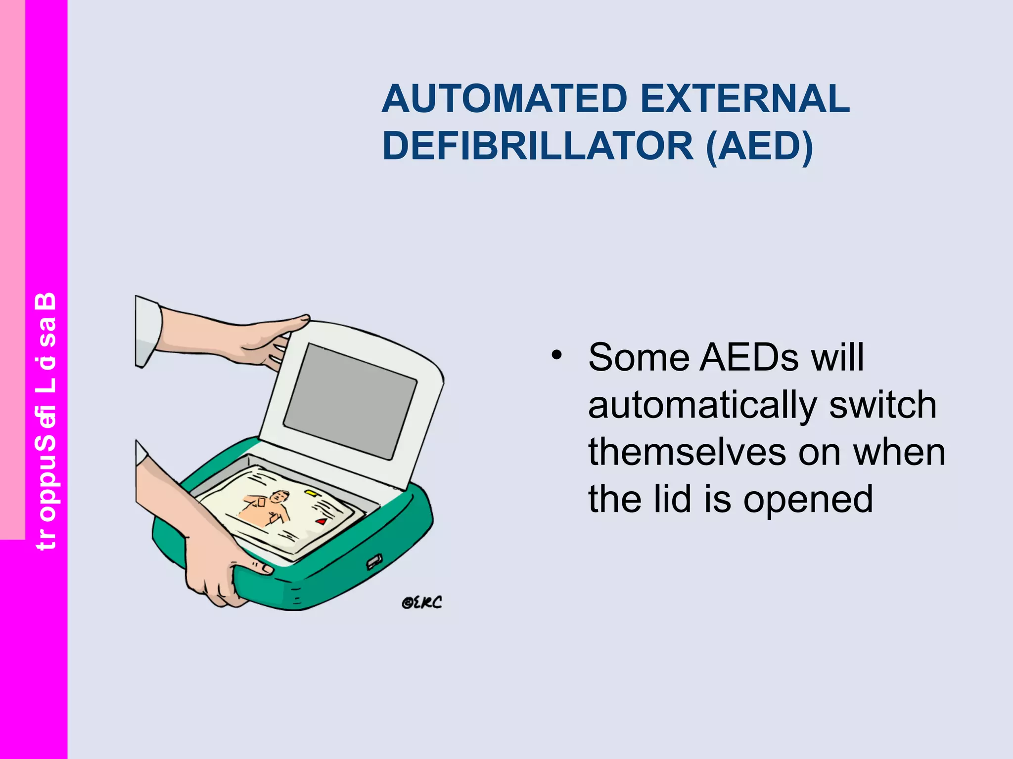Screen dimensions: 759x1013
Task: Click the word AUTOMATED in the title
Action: tap(505, 99)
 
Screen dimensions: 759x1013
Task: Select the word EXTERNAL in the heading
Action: tap(745, 99)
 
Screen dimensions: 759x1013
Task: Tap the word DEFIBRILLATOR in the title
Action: tap(538, 146)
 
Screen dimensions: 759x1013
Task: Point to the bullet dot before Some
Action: tap(557, 355)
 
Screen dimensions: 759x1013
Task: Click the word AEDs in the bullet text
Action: tap(749, 357)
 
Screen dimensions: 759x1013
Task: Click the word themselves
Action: tap(687, 453)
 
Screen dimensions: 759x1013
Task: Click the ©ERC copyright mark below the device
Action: tap(421, 602)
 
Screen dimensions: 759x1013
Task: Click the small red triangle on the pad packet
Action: tap(322, 521)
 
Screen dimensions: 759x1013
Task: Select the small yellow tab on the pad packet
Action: tap(311, 493)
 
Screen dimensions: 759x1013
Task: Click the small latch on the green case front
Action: tap(374, 561)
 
